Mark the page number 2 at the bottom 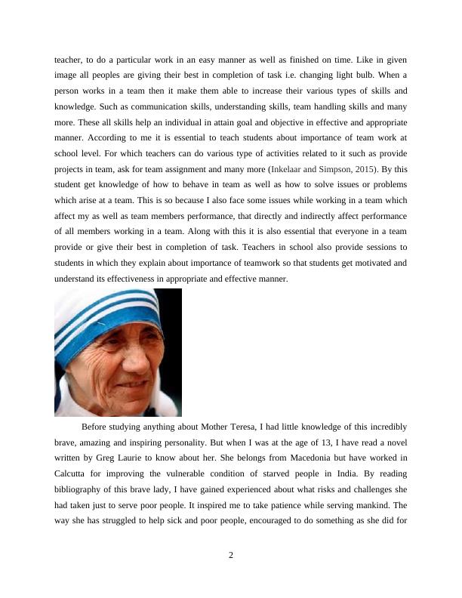[231, 556]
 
